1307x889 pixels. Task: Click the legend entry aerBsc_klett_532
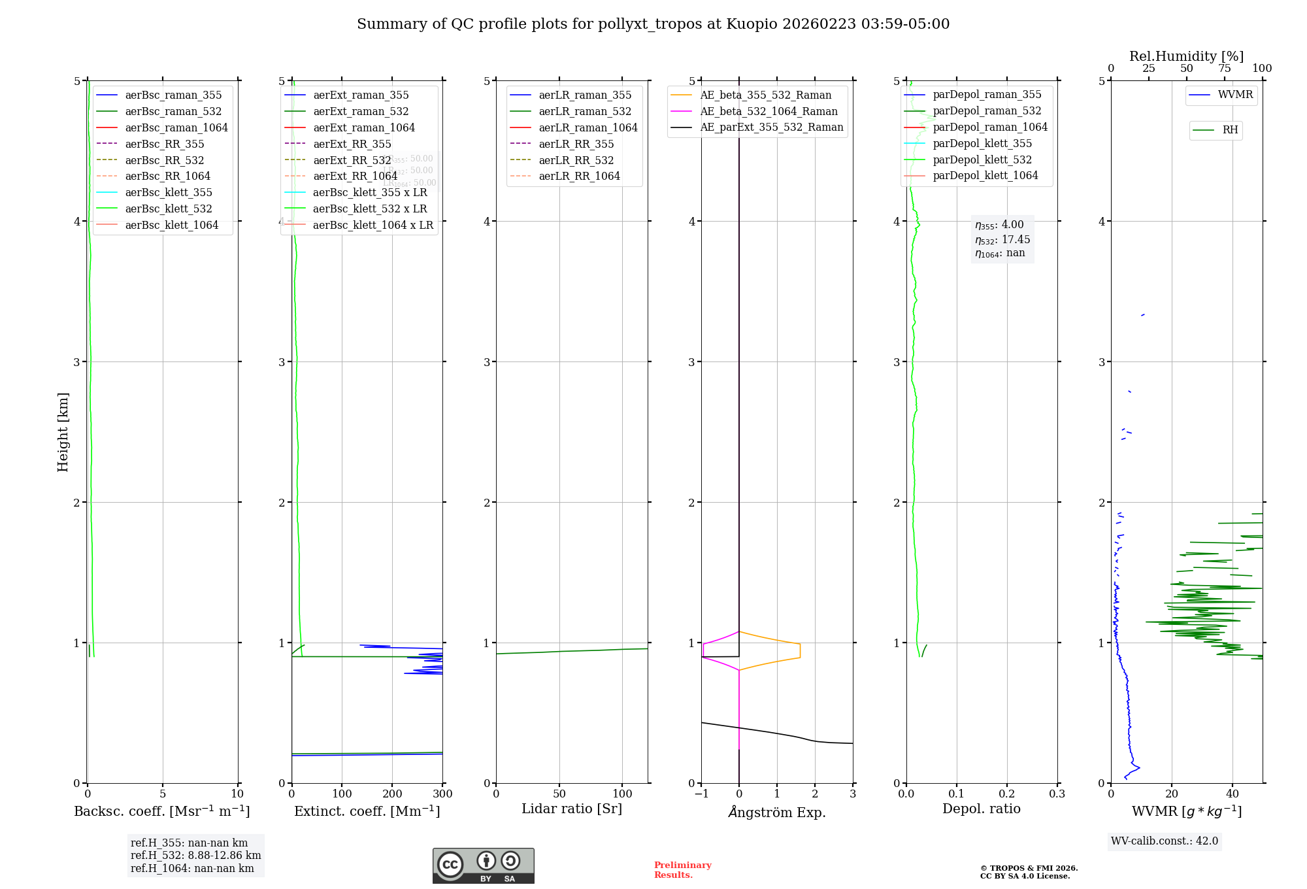pos(168,209)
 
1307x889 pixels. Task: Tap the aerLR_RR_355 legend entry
pos(576,144)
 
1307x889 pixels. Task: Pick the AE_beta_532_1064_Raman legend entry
pos(769,111)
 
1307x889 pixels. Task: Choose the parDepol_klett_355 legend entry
pos(982,143)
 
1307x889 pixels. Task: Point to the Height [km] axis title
pos(63,431)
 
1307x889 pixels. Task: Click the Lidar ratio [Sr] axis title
pos(572,809)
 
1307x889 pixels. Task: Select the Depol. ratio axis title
pos(981,809)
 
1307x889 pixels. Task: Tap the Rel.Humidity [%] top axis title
pos(1186,56)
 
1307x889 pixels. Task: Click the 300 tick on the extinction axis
pos(442,794)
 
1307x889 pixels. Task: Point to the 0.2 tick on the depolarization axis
pos(1007,794)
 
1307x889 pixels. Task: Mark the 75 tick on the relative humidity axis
pos(1225,68)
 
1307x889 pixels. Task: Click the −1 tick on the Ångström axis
pos(701,794)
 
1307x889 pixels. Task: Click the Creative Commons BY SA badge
pos(483,865)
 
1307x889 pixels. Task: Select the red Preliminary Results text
pos(682,869)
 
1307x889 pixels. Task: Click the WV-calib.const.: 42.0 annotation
pos(1165,841)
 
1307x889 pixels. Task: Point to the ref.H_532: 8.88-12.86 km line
pos(195,855)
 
